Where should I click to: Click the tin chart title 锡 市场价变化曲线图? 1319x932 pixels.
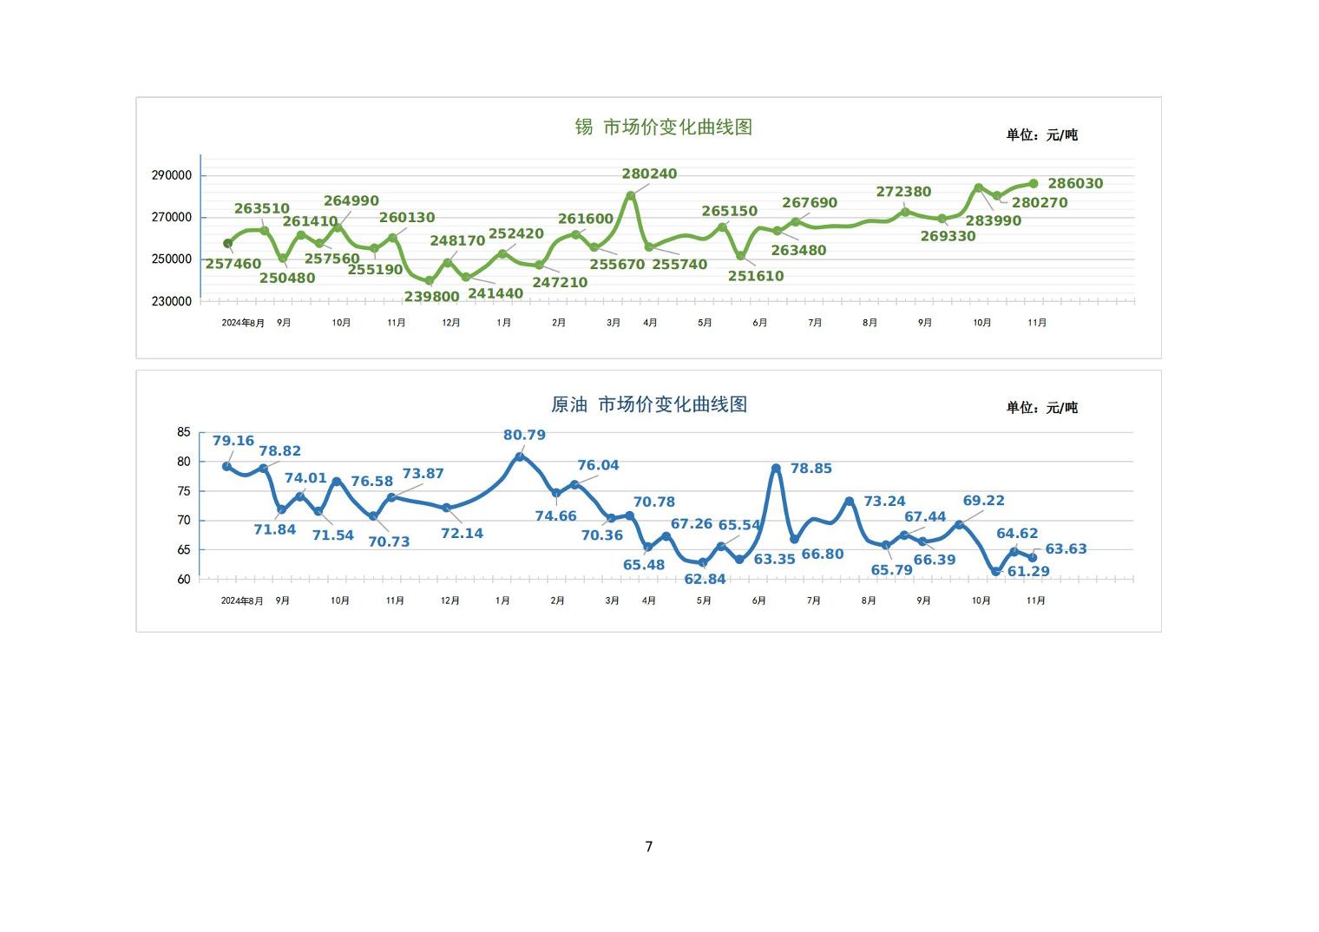(663, 127)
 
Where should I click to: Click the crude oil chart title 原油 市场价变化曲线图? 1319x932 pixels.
(649, 404)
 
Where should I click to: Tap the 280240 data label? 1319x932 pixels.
(649, 174)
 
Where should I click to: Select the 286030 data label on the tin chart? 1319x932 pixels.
(1075, 183)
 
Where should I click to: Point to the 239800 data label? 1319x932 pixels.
(431, 297)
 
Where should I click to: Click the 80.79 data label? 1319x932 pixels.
(524, 435)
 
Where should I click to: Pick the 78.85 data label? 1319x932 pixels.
(810, 469)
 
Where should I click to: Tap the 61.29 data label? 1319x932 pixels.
(1028, 571)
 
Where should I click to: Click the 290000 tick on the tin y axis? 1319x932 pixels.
(172, 175)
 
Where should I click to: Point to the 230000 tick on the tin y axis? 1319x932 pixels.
(172, 301)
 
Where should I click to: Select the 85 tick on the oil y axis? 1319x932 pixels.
(183, 432)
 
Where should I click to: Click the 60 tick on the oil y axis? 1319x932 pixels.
(183, 580)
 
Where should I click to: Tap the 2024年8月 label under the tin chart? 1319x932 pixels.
(243, 323)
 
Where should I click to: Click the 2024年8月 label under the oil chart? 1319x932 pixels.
(242, 601)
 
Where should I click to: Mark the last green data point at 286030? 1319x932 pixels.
(1034, 183)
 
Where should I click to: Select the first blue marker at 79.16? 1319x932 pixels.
(227, 466)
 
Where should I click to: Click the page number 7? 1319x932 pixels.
(648, 846)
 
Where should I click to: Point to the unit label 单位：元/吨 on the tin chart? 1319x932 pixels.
(1041, 135)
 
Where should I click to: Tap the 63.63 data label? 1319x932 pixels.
(1066, 548)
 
